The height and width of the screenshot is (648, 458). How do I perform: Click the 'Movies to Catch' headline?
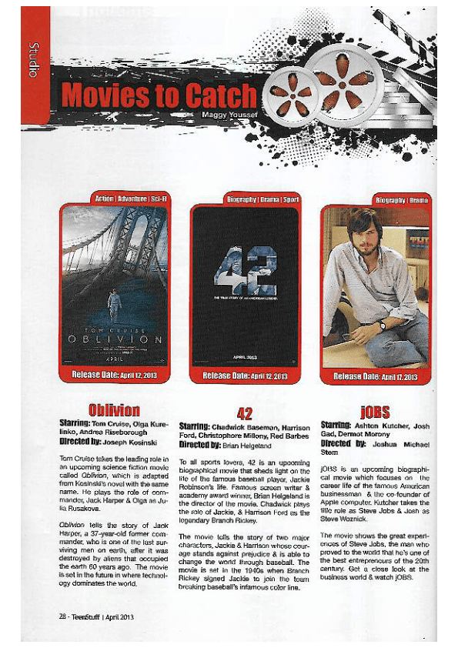click(x=158, y=95)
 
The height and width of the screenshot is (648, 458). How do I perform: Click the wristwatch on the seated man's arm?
click(x=381, y=324)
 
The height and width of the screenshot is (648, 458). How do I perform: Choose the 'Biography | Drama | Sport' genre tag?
click(x=263, y=199)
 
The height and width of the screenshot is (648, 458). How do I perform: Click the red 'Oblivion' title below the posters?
click(x=114, y=409)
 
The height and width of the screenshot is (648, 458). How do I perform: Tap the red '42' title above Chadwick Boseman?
click(x=245, y=413)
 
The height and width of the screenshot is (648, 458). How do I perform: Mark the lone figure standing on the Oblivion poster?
click(x=114, y=302)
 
